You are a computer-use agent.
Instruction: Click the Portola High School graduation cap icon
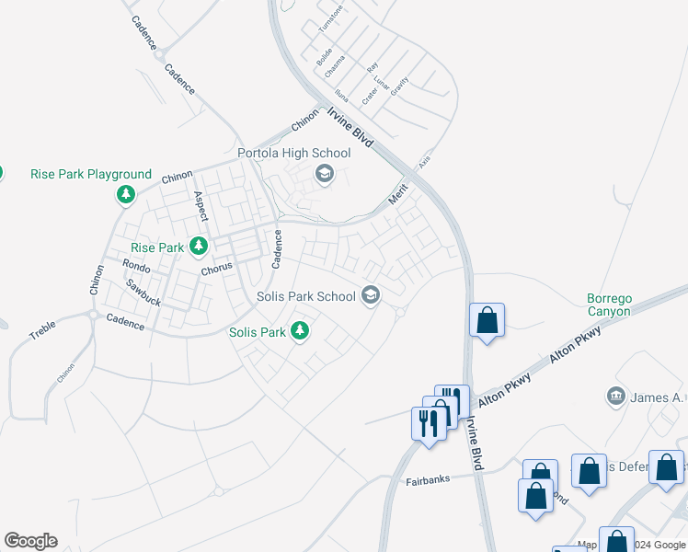click(324, 173)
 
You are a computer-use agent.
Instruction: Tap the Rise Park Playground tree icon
click(126, 195)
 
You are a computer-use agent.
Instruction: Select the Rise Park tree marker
click(198, 247)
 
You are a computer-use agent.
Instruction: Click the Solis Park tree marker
click(299, 331)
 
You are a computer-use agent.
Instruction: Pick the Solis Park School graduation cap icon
click(371, 295)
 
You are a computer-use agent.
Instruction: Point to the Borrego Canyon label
click(610, 305)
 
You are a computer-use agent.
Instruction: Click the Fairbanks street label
click(427, 481)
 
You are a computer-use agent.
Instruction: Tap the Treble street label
click(42, 329)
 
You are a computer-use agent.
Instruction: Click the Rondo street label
click(136, 266)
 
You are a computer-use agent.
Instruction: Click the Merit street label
click(396, 194)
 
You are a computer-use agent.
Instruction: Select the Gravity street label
click(398, 86)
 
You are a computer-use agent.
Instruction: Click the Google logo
click(30, 541)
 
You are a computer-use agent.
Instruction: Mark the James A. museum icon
click(615, 397)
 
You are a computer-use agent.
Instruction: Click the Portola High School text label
click(293, 153)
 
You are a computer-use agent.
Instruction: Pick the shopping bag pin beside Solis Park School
click(487, 321)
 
